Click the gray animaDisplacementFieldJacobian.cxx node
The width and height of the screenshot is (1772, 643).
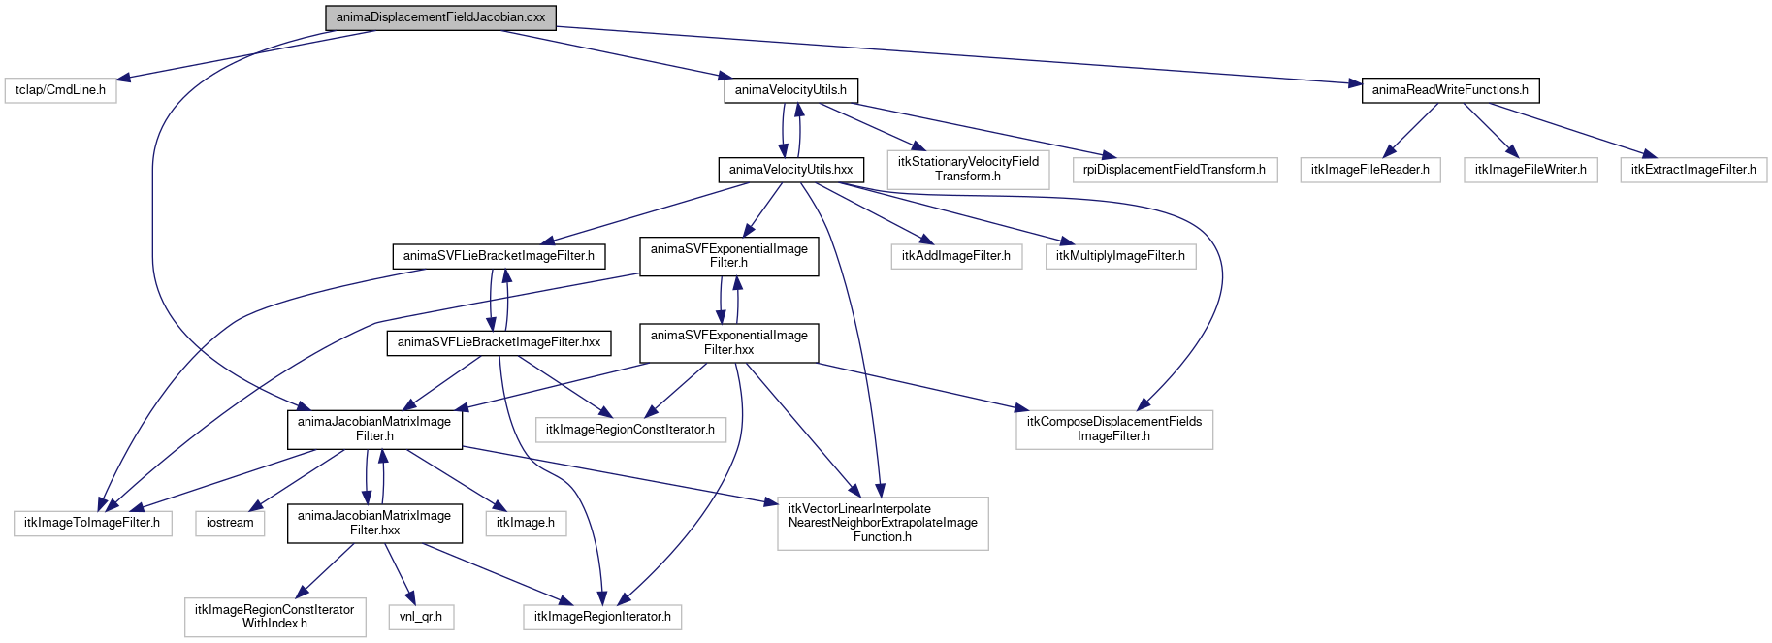440,17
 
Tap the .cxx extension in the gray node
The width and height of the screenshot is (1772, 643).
534,17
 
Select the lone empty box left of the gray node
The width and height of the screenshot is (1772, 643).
60,90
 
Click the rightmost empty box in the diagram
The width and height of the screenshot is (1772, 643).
1693,170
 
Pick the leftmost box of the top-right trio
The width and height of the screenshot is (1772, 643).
1369,170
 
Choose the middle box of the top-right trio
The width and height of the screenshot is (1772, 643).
1530,170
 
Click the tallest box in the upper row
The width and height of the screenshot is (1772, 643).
968,170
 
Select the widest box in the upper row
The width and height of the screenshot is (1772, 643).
1175,170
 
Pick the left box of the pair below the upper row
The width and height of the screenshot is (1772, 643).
956,256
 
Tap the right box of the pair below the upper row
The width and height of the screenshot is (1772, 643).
1120,256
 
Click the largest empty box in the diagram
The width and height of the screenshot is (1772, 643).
883,524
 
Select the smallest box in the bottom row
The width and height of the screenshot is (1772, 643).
421,617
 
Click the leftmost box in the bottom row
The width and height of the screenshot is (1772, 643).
275,618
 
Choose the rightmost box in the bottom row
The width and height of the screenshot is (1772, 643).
602,617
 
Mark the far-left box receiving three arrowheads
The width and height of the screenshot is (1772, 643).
93,524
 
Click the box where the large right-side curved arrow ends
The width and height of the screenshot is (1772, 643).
1114,430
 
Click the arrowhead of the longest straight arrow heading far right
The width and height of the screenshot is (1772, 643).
1357,83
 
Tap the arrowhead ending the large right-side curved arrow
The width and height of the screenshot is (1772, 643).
1144,404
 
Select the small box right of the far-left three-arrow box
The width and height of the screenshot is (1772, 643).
230,524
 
